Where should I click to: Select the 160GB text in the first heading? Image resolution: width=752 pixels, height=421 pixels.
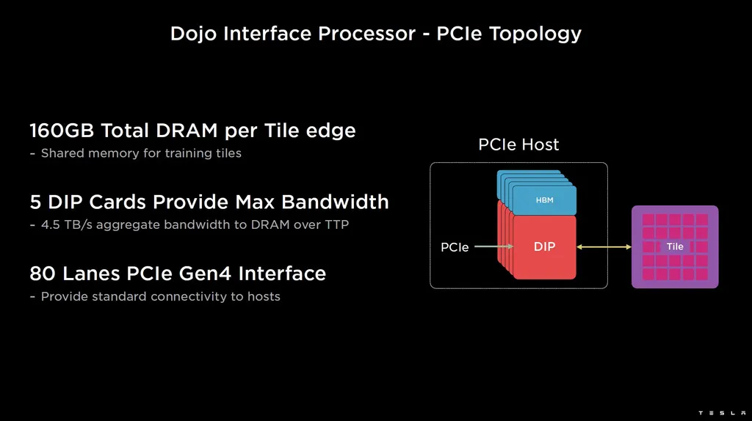(62, 131)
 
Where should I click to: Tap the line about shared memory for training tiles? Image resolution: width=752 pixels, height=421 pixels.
(136, 153)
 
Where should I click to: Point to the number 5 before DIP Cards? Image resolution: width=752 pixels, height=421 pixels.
(35, 202)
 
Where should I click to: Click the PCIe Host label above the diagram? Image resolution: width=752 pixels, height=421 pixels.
(518, 145)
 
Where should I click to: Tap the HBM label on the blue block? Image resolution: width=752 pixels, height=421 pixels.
(544, 199)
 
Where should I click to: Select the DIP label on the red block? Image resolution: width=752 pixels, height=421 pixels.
(544, 247)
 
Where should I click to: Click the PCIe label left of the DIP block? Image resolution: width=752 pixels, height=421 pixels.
(455, 248)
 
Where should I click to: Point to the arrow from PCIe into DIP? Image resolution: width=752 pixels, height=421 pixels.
(493, 247)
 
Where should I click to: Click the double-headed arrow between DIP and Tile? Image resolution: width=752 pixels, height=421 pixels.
(604, 247)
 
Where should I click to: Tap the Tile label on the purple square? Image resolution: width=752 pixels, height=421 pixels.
(675, 246)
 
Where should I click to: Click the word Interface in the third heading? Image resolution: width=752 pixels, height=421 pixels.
(282, 274)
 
